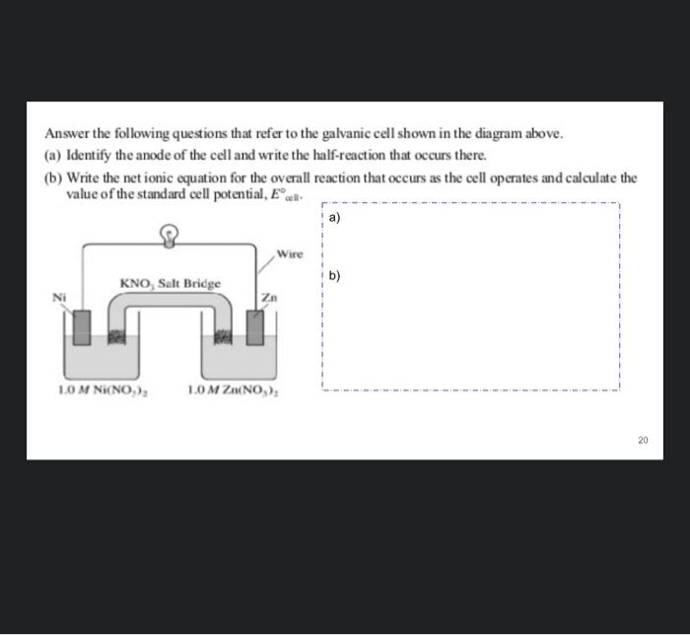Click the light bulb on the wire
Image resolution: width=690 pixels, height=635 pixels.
170,235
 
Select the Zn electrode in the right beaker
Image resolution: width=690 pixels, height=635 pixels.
256,327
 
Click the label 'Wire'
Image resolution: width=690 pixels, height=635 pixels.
290,253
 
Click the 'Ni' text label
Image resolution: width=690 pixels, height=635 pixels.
58,294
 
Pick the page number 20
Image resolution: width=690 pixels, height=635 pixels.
643,440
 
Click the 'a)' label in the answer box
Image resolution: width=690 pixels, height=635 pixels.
334,217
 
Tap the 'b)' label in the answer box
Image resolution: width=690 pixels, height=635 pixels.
334,276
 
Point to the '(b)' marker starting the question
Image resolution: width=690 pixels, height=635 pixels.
53,178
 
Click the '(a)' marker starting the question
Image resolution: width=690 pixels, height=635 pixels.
53,156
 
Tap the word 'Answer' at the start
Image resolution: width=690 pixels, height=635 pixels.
65,133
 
